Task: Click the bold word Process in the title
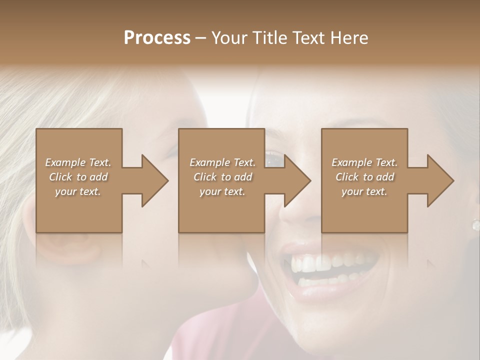tap(157, 37)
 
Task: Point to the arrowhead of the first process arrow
tap(155, 180)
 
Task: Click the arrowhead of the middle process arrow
tap(297, 180)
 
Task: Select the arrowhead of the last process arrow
tap(440, 180)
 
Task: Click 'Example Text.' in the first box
tap(78, 162)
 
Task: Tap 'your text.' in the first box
tap(78, 191)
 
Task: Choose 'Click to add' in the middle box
tap(222, 177)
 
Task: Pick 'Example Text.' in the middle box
tap(222, 162)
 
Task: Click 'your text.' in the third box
tap(364, 191)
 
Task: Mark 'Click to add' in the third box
tap(364, 177)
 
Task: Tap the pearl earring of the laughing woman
tap(475, 224)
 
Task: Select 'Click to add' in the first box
tap(78, 177)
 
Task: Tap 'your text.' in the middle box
tap(222, 191)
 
